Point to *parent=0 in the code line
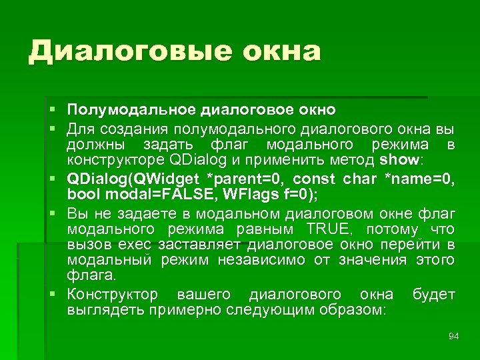click(251, 179)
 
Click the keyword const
click(315, 179)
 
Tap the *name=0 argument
click(418, 179)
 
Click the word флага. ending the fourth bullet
click(91, 276)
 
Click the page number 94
click(453, 336)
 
